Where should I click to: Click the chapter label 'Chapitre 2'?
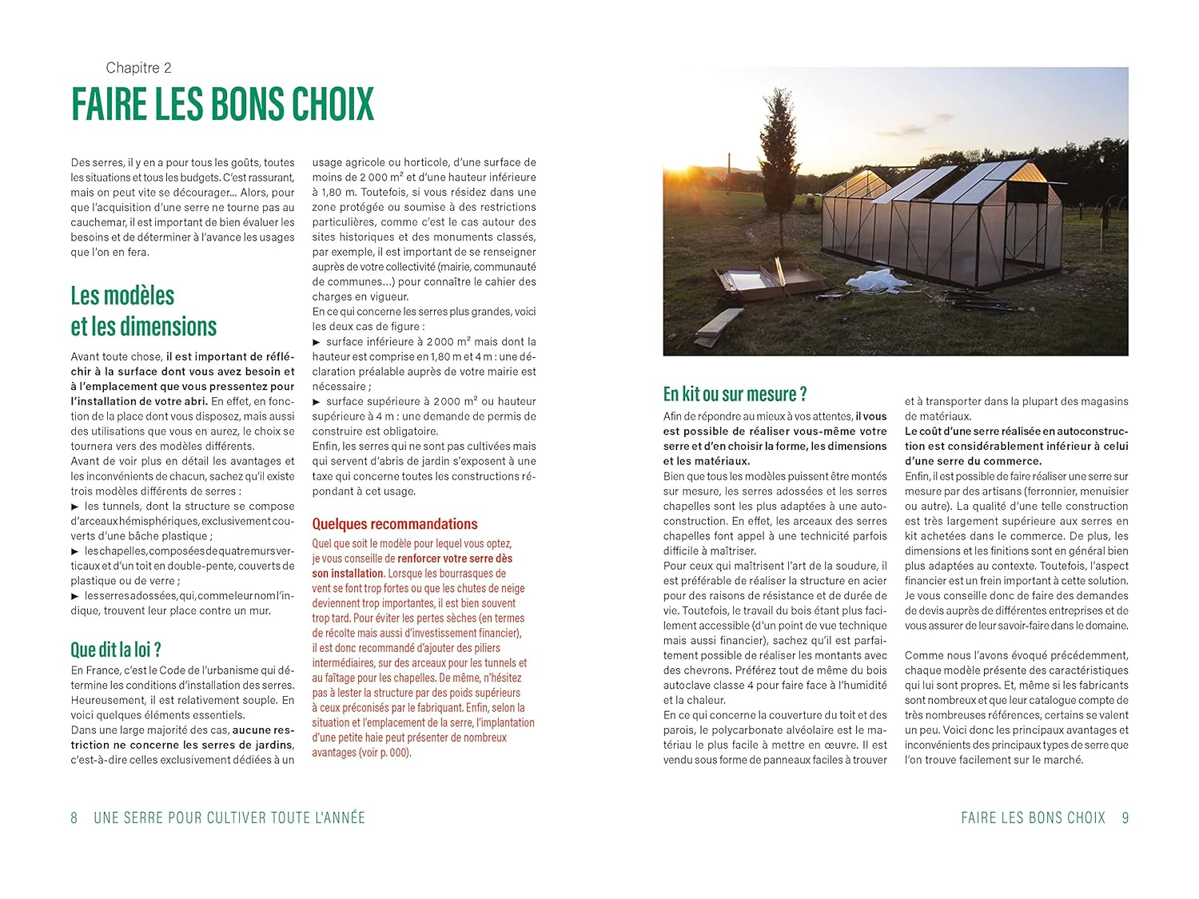[x=138, y=68]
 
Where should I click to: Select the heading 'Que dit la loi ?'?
[x=116, y=649]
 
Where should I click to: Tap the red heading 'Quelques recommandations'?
[x=395, y=523]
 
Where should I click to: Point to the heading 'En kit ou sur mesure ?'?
[x=735, y=394]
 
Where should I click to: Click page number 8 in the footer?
[x=74, y=817]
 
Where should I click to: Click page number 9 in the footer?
[x=1125, y=817]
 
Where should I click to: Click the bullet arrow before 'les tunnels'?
[x=75, y=507]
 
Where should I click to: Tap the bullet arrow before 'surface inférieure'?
[x=317, y=342]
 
